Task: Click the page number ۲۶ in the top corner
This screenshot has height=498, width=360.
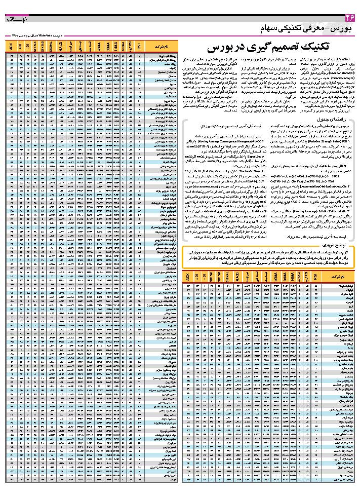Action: tap(349, 19)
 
